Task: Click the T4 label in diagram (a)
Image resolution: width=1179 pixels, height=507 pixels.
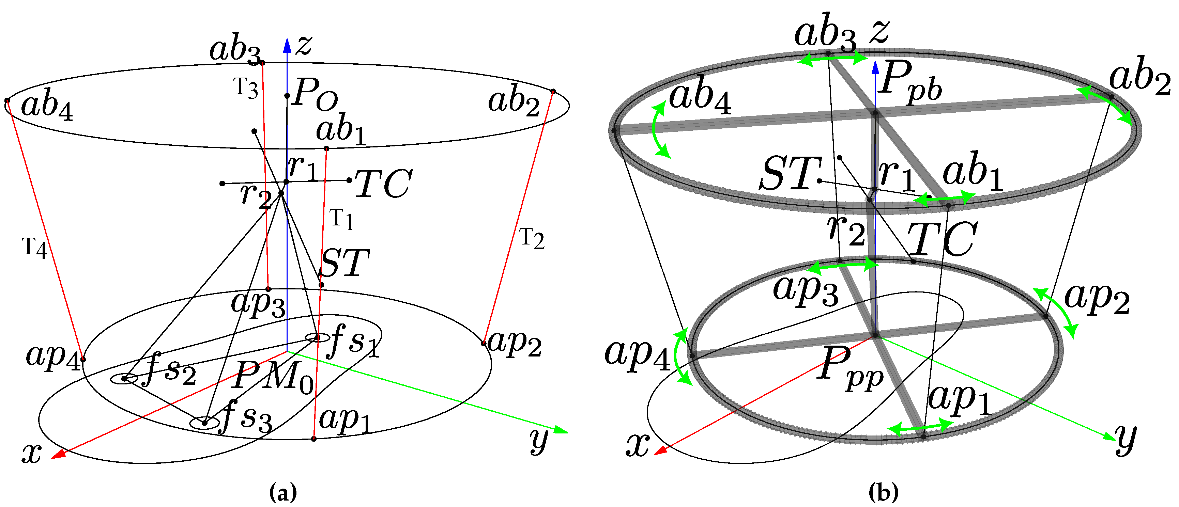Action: click(x=35, y=248)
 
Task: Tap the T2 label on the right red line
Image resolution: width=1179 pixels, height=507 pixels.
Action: click(x=532, y=238)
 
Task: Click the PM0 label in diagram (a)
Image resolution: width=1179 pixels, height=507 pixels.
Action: click(x=273, y=376)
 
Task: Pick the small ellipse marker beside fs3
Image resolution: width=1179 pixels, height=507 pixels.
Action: click(x=204, y=423)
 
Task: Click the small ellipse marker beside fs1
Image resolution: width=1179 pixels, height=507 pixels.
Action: click(x=318, y=338)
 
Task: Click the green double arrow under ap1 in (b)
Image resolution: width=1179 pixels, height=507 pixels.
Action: click(x=920, y=427)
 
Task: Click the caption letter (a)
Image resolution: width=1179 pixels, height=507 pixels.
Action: click(x=283, y=493)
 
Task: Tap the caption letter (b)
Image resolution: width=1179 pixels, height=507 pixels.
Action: click(x=883, y=493)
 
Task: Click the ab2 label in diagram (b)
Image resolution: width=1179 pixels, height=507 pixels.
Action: click(x=1139, y=76)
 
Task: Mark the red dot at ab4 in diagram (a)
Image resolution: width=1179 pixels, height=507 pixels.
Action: click(x=7, y=100)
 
